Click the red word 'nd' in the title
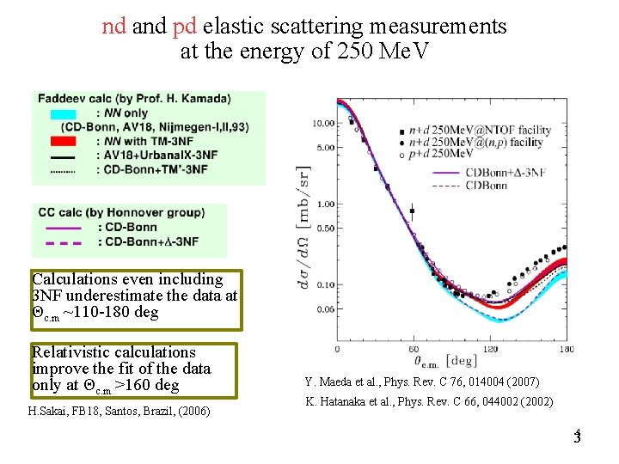click(113, 27)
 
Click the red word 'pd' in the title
click(185, 27)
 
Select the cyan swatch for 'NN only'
click(63, 113)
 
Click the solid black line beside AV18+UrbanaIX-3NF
click(63, 157)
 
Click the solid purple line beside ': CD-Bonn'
click(60, 228)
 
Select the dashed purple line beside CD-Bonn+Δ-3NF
click(60, 242)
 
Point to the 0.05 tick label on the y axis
click(324, 309)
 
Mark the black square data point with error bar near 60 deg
click(413, 210)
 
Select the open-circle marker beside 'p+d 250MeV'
click(401, 155)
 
